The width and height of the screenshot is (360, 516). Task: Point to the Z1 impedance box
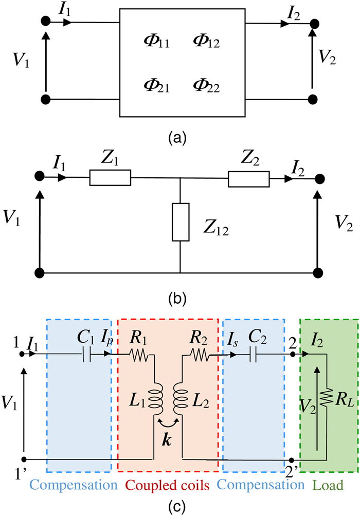(110, 178)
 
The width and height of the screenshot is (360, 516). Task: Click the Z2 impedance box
(248, 178)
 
